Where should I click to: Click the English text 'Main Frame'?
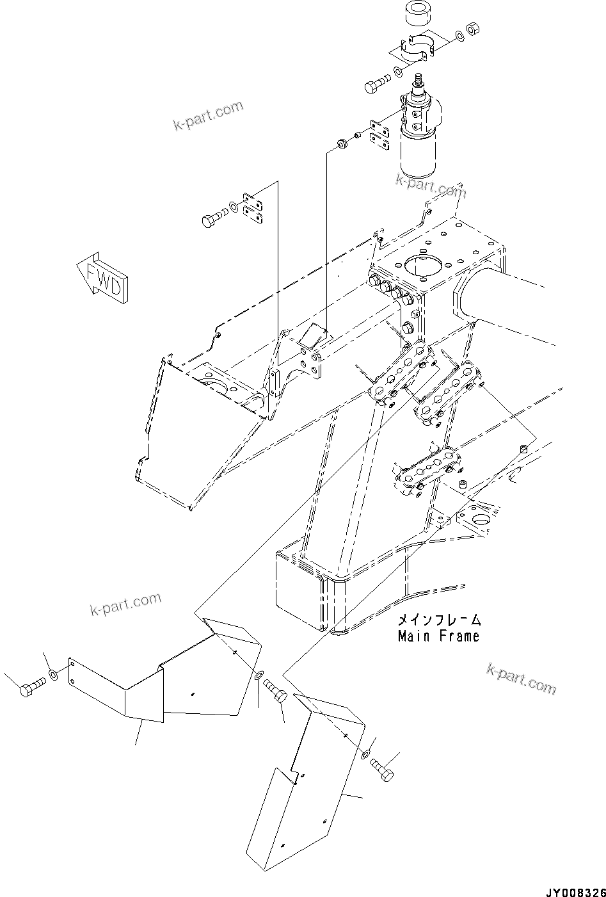point(438,636)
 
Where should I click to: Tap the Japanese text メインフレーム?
point(438,620)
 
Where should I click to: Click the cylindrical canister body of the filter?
point(418,152)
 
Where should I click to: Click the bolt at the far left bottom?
point(31,690)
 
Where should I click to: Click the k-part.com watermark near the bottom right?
point(521,678)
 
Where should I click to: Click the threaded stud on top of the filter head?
point(420,83)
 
